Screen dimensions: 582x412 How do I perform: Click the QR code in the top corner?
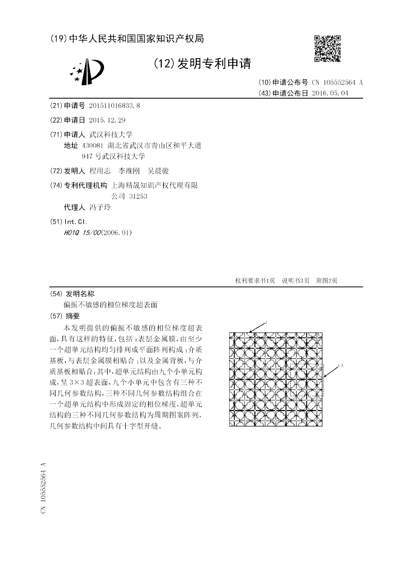tap(327, 49)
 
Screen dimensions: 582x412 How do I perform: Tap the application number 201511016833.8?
tap(114, 105)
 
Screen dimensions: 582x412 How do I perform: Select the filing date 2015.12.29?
tap(107, 120)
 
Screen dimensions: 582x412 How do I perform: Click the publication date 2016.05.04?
tap(330, 93)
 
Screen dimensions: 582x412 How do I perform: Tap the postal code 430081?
tap(92, 146)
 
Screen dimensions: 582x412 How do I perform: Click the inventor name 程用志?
tap(99, 171)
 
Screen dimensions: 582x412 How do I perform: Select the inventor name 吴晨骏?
tap(158, 171)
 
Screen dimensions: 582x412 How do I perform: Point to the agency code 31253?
tap(139, 196)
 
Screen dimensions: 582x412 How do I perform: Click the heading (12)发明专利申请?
tap(202, 64)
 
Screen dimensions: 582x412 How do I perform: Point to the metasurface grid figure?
tap(276, 379)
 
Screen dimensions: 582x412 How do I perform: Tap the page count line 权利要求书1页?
tap(255, 280)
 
